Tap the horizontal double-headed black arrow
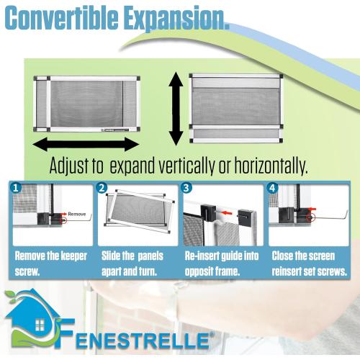[x=85, y=143]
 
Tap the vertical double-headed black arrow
[x=173, y=108]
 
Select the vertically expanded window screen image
[x=234, y=106]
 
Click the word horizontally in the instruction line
[x=271, y=166]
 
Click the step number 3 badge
[x=187, y=190]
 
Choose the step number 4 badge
[x=273, y=190]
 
